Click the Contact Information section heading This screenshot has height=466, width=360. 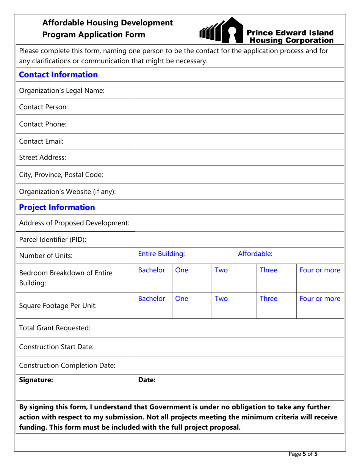click(x=58, y=75)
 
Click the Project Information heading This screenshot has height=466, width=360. click(x=57, y=207)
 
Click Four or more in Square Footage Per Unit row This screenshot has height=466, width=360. click(x=320, y=299)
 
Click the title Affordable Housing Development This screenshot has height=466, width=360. click(x=108, y=23)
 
